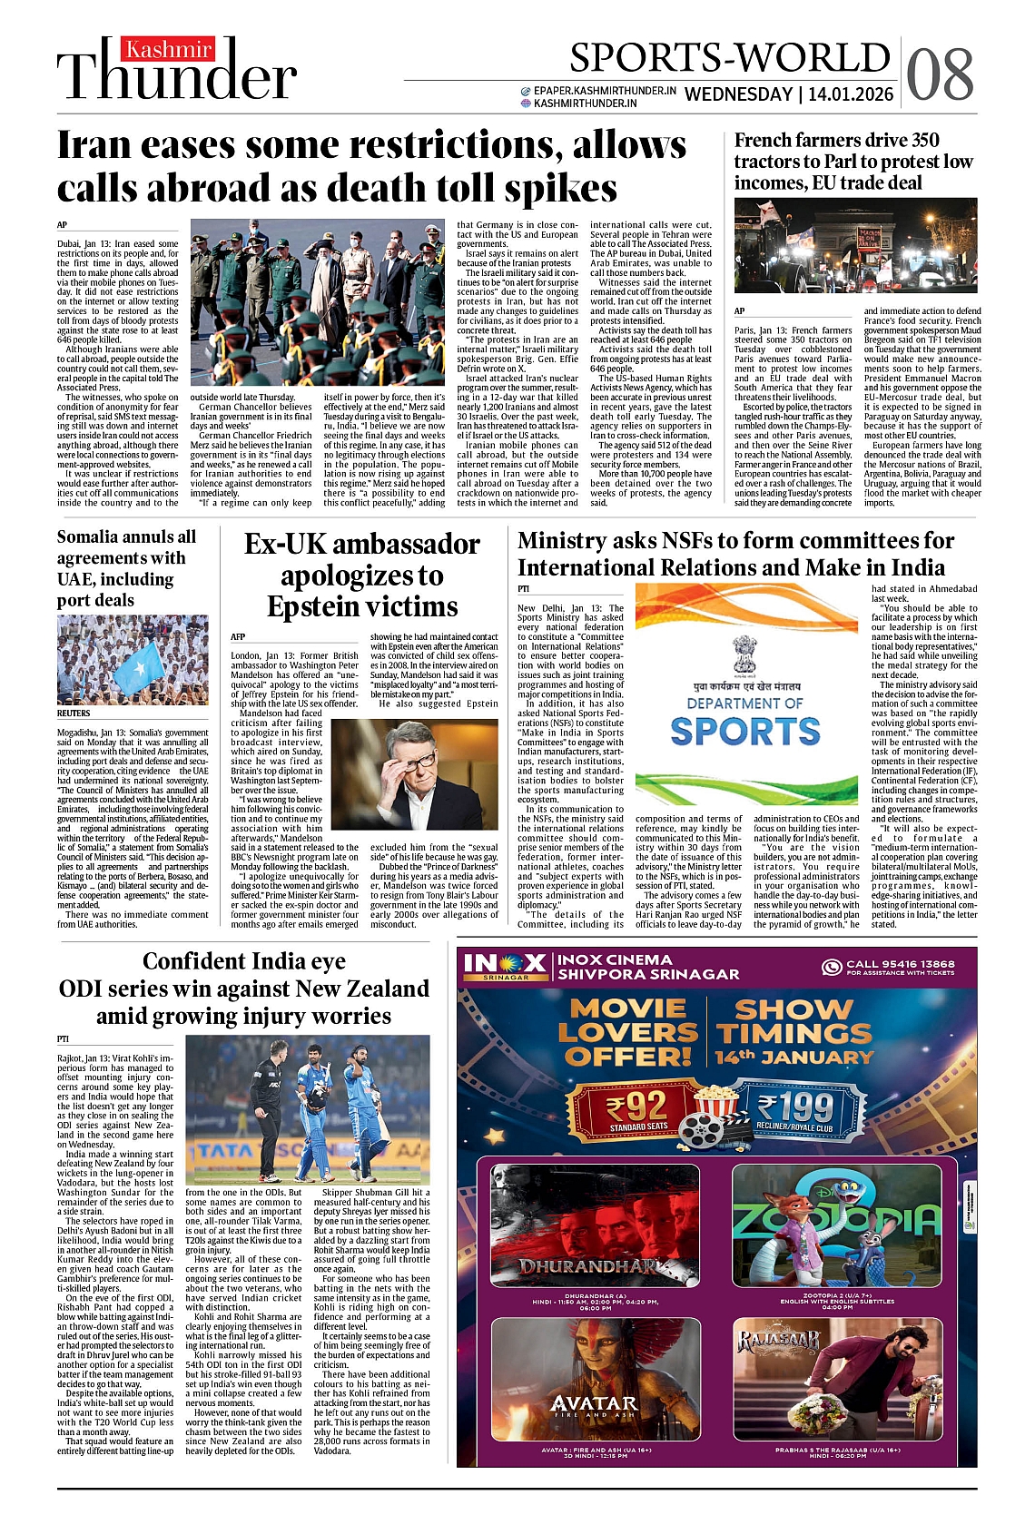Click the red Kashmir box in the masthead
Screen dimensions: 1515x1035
pos(169,49)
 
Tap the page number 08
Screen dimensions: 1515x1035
pos(940,74)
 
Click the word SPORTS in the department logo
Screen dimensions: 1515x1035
pos(745,732)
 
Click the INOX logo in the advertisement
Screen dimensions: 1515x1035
pos(505,965)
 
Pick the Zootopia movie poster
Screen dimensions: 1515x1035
pos(836,1225)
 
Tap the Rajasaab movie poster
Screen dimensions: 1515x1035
pos(836,1380)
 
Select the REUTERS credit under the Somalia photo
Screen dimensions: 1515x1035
pos(74,714)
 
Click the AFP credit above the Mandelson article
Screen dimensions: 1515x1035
pos(238,637)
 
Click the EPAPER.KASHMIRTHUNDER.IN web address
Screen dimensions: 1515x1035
pos(604,91)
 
